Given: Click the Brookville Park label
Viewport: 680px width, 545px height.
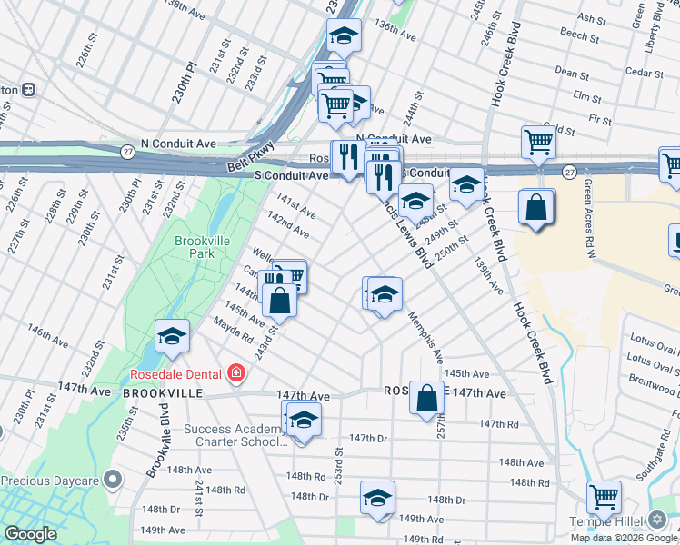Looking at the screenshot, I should (x=195, y=247).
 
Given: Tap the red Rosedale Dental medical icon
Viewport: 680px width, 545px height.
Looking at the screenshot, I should (x=236, y=372).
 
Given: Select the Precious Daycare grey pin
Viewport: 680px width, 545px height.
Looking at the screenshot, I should (x=113, y=479).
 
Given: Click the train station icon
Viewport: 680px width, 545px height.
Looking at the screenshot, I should (x=29, y=90).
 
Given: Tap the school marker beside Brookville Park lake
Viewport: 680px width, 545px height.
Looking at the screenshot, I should (x=172, y=337).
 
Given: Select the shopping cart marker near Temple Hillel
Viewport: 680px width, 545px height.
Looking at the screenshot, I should (x=604, y=498).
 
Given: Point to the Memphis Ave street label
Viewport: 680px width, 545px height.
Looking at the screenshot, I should (x=425, y=332).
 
